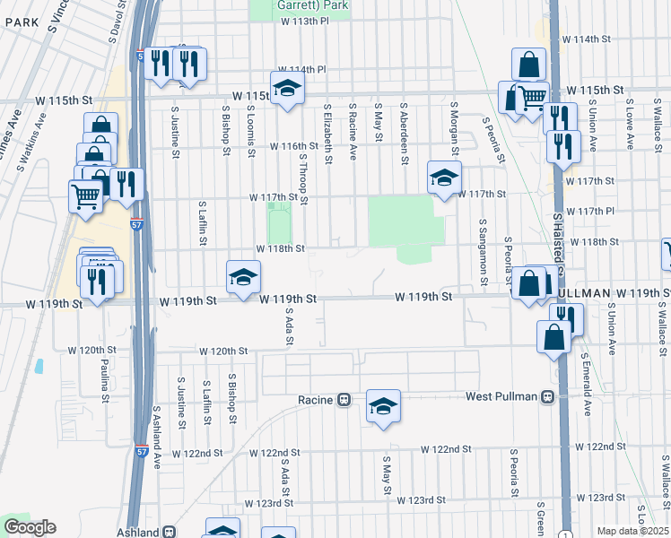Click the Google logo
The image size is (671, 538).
click(x=30, y=527)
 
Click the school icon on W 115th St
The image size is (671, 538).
click(x=288, y=88)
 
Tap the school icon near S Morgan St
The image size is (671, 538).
click(x=443, y=178)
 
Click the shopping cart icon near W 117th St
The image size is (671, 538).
click(x=85, y=195)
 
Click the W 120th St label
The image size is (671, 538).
click(x=222, y=351)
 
